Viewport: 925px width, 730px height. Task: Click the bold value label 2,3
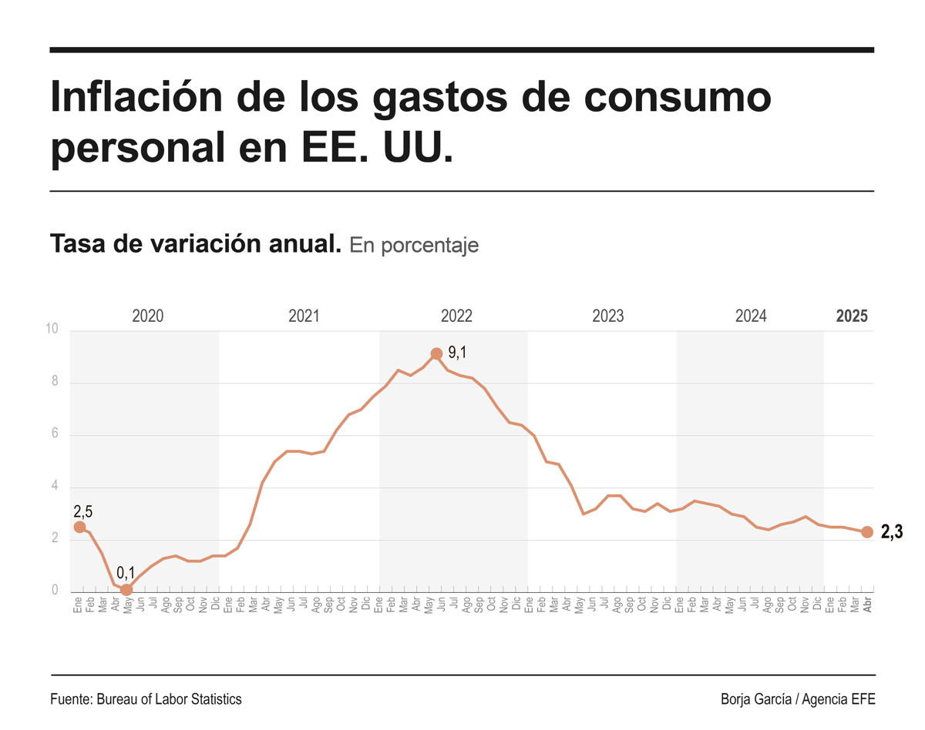(892, 532)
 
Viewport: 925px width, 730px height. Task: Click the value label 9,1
(457, 353)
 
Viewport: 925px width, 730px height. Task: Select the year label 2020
(148, 316)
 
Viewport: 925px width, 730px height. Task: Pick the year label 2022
(456, 316)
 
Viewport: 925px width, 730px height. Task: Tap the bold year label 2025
(852, 316)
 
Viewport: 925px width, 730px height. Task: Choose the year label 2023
(608, 316)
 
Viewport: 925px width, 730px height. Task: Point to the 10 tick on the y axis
(52, 330)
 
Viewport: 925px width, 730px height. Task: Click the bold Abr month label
(867, 605)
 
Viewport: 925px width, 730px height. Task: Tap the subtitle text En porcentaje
(414, 245)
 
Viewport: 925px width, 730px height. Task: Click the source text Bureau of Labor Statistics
(169, 699)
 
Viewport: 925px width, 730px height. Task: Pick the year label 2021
(304, 316)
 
